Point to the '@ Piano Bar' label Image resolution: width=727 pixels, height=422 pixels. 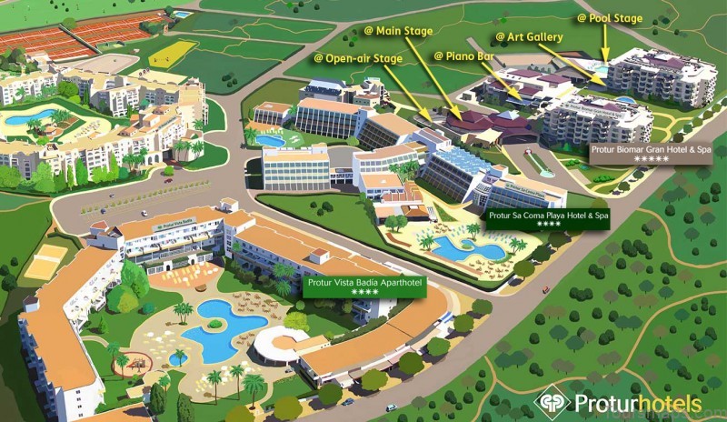pyautogui.click(x=463, y=55)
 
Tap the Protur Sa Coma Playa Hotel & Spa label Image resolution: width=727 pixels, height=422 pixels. pyautogui.click(x=548, y=216)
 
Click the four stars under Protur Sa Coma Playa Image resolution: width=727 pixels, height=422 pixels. pyautogui.click(x=548, y=224)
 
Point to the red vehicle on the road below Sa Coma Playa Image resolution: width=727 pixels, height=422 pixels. pyautogui.click(x=545, y=289)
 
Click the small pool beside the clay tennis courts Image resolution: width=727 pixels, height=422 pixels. pyautogui.click(x=182, y=15)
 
